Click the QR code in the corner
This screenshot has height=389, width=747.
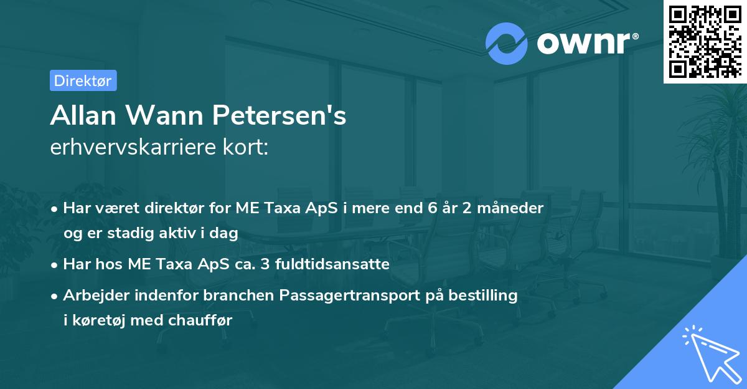[705, 41]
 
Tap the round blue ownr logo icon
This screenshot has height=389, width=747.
[507, 43]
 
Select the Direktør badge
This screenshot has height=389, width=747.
[83, 80]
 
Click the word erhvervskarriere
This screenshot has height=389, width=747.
[128, 147]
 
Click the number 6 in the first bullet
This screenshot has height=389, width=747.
[431, 208]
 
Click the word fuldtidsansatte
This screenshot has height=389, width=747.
[339, 264]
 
